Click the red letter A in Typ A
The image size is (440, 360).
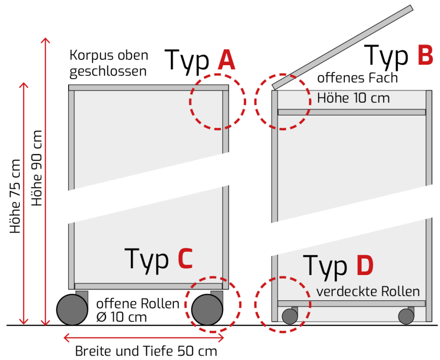[227, 60]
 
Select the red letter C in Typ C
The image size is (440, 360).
[185, 258]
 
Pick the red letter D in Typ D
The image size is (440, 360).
[365, 265]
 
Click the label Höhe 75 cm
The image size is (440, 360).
[15, 196]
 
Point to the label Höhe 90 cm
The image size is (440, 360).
[37, 168]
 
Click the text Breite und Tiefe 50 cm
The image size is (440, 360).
[146, 351]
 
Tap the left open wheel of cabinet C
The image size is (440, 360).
[72, 309]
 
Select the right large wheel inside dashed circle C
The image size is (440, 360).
[207, 309]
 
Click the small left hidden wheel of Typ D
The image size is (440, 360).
[290, 316]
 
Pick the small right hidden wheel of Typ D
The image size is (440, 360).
[406, 316]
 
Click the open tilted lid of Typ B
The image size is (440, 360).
[342, 47]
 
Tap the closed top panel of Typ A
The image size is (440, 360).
[149, 87]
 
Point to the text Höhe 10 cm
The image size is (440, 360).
[354, 98]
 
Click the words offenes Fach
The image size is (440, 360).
[357, 78]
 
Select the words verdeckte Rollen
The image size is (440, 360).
[368, 291]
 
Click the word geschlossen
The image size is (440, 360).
[108, 71]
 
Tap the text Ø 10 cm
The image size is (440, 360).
[122, 318]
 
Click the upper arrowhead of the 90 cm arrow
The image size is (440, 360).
[45, 40]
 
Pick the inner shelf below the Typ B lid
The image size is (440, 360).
[352, 112]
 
